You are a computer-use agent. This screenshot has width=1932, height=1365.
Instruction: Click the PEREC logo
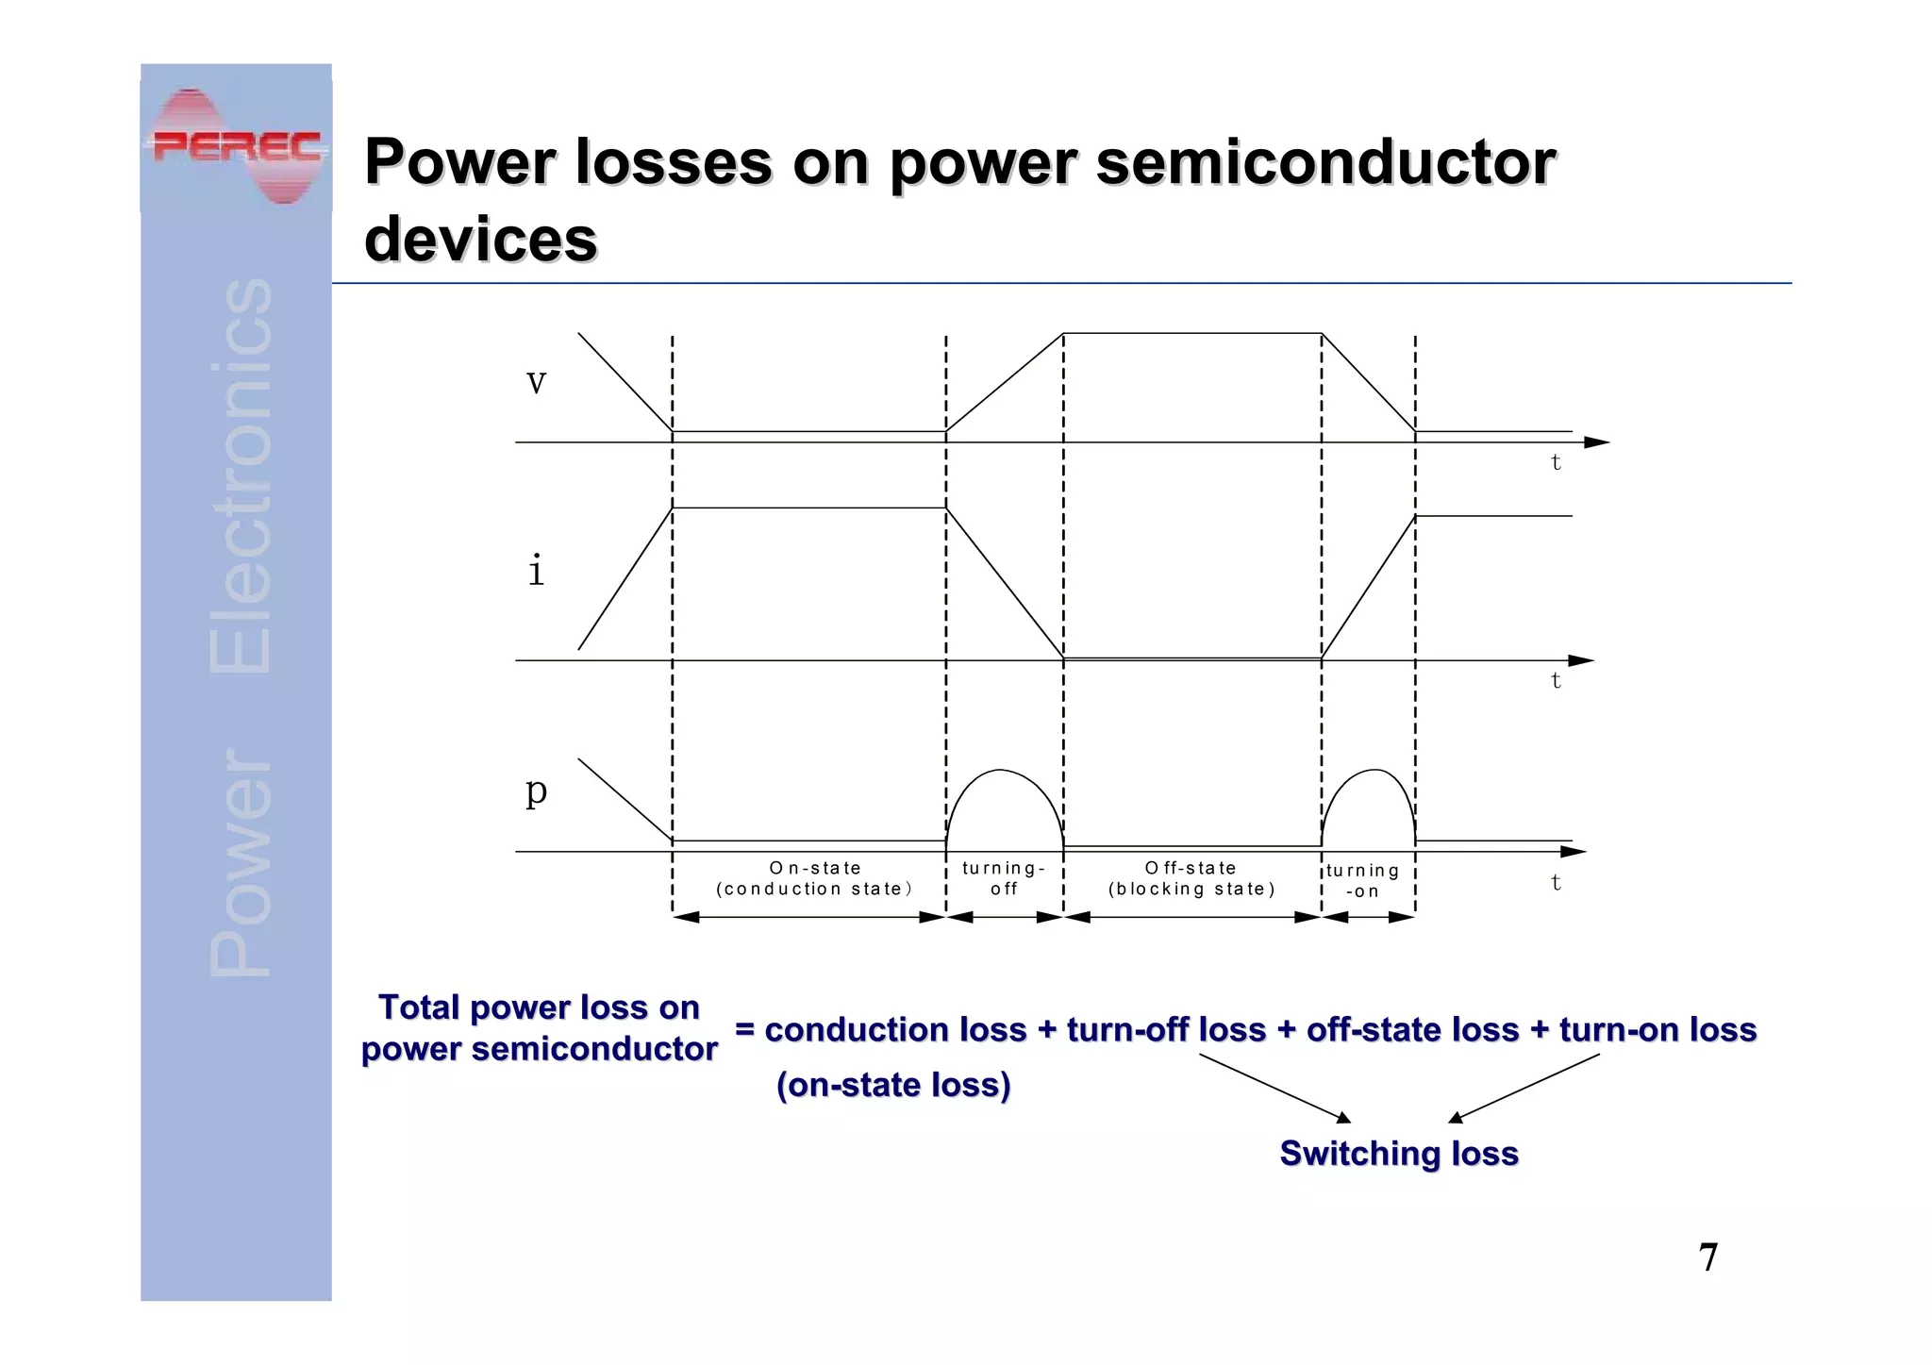(236, 146)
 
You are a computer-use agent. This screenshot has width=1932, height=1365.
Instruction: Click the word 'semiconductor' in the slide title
(1325, 162)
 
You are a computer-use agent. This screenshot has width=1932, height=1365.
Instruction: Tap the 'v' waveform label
(536, 382)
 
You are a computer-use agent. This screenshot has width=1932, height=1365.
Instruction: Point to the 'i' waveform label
(536, 571)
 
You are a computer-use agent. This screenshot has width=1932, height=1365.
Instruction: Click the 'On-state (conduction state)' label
(814, 878)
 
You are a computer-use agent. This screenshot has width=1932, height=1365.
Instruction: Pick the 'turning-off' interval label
(1004, 878)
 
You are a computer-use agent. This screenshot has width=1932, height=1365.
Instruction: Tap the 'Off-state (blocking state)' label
(1191, 878)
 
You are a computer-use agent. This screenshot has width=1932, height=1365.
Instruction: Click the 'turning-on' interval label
(1362, 881)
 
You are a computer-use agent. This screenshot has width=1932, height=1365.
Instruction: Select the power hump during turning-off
(1004, 802)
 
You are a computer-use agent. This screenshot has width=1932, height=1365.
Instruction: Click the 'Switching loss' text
(1399, 1154)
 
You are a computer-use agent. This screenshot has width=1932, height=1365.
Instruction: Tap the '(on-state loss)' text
(893, 1085)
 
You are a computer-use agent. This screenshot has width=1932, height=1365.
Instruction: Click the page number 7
(1707, 1257)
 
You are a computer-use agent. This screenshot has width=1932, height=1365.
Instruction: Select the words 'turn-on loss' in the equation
(1657, 1029)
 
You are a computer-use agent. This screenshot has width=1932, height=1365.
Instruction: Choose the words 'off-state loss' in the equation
(1412, 1029)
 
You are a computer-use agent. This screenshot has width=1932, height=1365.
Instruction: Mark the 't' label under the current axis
(1556, 680)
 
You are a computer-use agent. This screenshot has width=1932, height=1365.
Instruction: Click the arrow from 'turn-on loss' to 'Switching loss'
(1524, 1088)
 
